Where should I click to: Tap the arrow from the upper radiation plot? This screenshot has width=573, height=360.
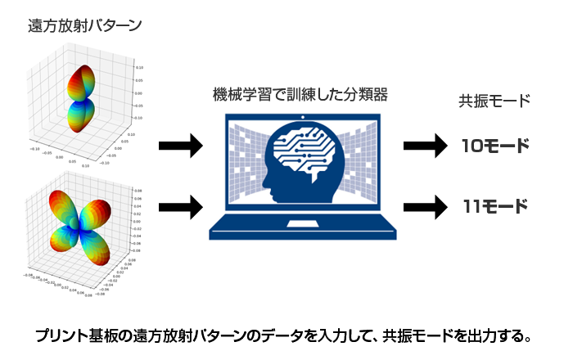[180, 146]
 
